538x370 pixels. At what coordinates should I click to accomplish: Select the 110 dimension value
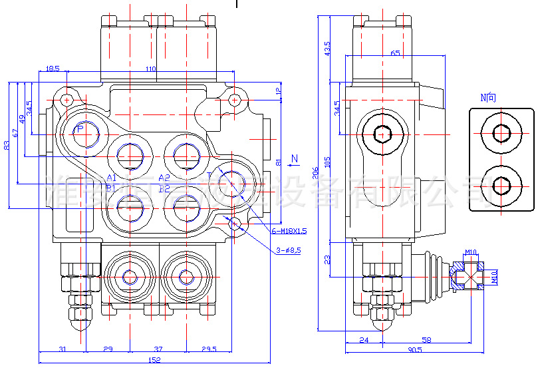(150, 69)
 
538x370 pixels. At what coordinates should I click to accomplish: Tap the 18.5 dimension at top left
(53, 69)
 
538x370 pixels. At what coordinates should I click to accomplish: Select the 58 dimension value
(426, 340)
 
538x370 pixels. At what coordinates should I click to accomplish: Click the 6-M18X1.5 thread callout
(289, 231)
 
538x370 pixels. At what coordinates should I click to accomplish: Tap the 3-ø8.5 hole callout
(288, 250)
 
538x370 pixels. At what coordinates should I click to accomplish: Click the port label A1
(112, 178)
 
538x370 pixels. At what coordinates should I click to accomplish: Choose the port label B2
(164, 188)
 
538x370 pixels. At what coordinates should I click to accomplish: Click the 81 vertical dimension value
(279, 162)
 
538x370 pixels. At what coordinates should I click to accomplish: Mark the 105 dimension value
(327, 162)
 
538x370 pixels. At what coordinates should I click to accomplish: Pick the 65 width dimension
(395, 53)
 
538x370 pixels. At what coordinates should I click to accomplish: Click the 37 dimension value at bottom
(158, 349)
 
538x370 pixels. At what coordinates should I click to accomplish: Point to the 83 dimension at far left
(7, 144)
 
